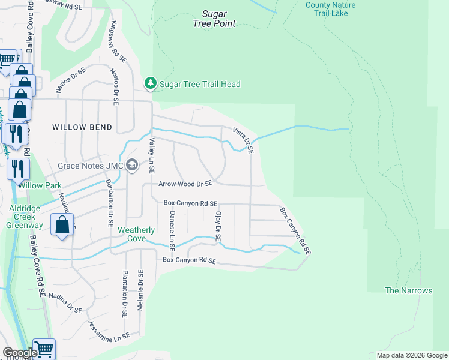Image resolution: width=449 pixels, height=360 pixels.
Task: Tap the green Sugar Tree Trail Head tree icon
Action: [x=150, y=84]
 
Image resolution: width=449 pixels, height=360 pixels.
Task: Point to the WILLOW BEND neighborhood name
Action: [x=82, y=127]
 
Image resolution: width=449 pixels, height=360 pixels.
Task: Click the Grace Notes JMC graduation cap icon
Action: [x=133, y=165]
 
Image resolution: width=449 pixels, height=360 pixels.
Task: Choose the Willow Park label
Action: [x=40, y=186]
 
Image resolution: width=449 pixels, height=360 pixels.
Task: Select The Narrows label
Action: [x=408, y=290]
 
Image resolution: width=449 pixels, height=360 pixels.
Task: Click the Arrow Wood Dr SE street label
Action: [x=185, y=184]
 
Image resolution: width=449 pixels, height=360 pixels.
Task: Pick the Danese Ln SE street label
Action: [x=172, y=230]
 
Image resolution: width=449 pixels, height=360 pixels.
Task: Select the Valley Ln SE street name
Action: [x=152, y=156]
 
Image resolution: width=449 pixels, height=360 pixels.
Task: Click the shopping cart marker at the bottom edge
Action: [x=44, y=349]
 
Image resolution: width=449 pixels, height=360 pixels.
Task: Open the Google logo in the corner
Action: [x=19, y=353]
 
